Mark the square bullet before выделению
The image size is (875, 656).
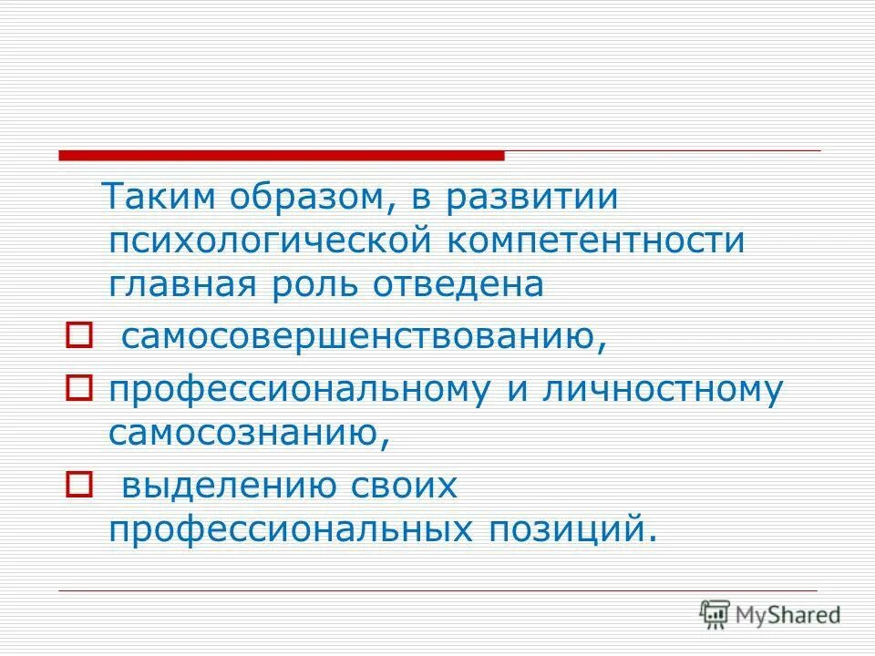[x=77, y=487]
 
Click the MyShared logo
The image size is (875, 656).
[x=770, y=615]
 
